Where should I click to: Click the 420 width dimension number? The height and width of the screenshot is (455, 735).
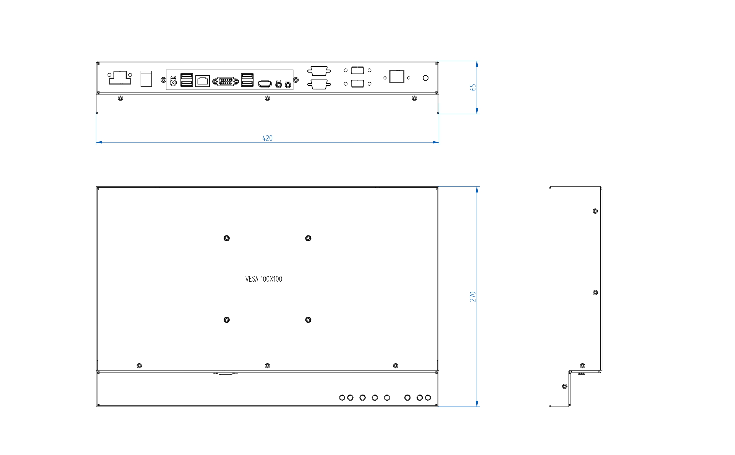267,138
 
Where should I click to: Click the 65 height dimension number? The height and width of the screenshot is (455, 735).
473,87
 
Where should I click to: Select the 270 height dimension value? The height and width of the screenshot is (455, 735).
473,297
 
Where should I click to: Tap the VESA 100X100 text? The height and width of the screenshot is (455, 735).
264,279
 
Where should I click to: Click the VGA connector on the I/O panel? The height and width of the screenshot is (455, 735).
225,81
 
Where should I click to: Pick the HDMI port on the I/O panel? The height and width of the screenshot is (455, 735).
265,84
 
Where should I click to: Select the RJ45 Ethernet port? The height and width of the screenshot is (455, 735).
202,81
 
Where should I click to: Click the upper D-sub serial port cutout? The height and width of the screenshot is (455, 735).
319,71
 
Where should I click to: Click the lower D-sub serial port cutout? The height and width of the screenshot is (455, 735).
319,84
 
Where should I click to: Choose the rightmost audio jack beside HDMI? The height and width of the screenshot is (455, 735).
288,85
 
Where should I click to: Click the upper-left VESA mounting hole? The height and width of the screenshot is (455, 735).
226,238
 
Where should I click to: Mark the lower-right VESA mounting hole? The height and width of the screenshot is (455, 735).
308,320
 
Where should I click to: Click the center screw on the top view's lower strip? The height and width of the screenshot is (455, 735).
267,98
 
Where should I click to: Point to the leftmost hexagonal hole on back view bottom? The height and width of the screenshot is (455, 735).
342,398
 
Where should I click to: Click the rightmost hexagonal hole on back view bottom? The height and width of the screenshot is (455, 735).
428,398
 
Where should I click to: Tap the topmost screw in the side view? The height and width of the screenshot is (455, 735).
595,211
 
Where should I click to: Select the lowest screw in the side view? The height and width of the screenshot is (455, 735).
564,386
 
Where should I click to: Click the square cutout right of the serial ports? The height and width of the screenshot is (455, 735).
397,76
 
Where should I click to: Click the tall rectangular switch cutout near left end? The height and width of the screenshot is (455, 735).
146,79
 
